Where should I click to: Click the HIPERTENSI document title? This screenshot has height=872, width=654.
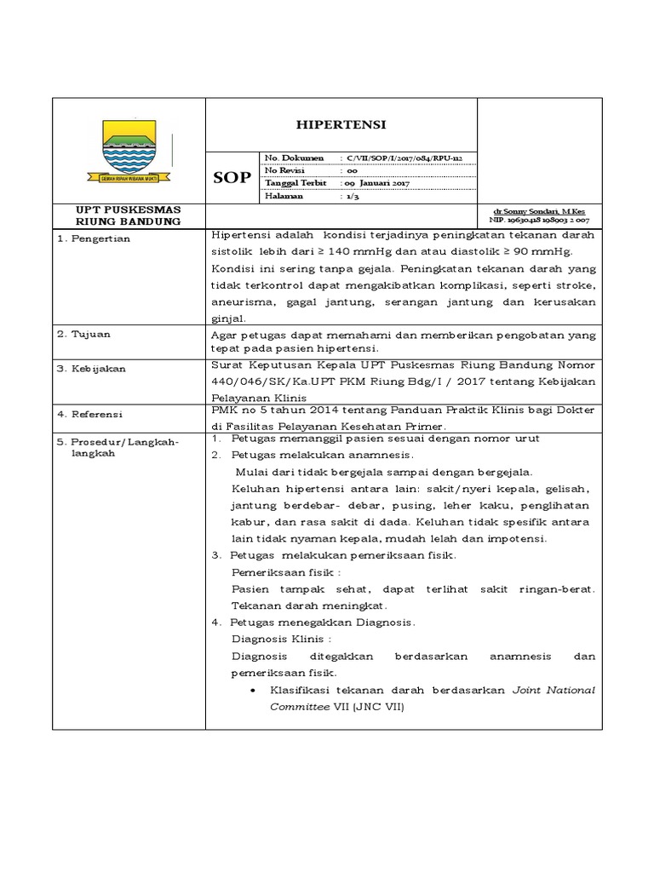[341, 124]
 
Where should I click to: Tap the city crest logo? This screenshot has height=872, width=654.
[129, 150]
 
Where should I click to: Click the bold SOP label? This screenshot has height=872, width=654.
[232, 177]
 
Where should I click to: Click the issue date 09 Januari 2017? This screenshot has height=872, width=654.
[377, 182]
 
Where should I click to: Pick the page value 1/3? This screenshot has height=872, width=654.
[351, 195]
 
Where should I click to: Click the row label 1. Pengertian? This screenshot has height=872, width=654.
[95, 239]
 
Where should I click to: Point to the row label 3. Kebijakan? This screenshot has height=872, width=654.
[92, 369]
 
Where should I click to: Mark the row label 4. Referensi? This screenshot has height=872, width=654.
[92, 414]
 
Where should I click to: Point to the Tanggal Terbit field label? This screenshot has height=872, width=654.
[295, 182]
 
